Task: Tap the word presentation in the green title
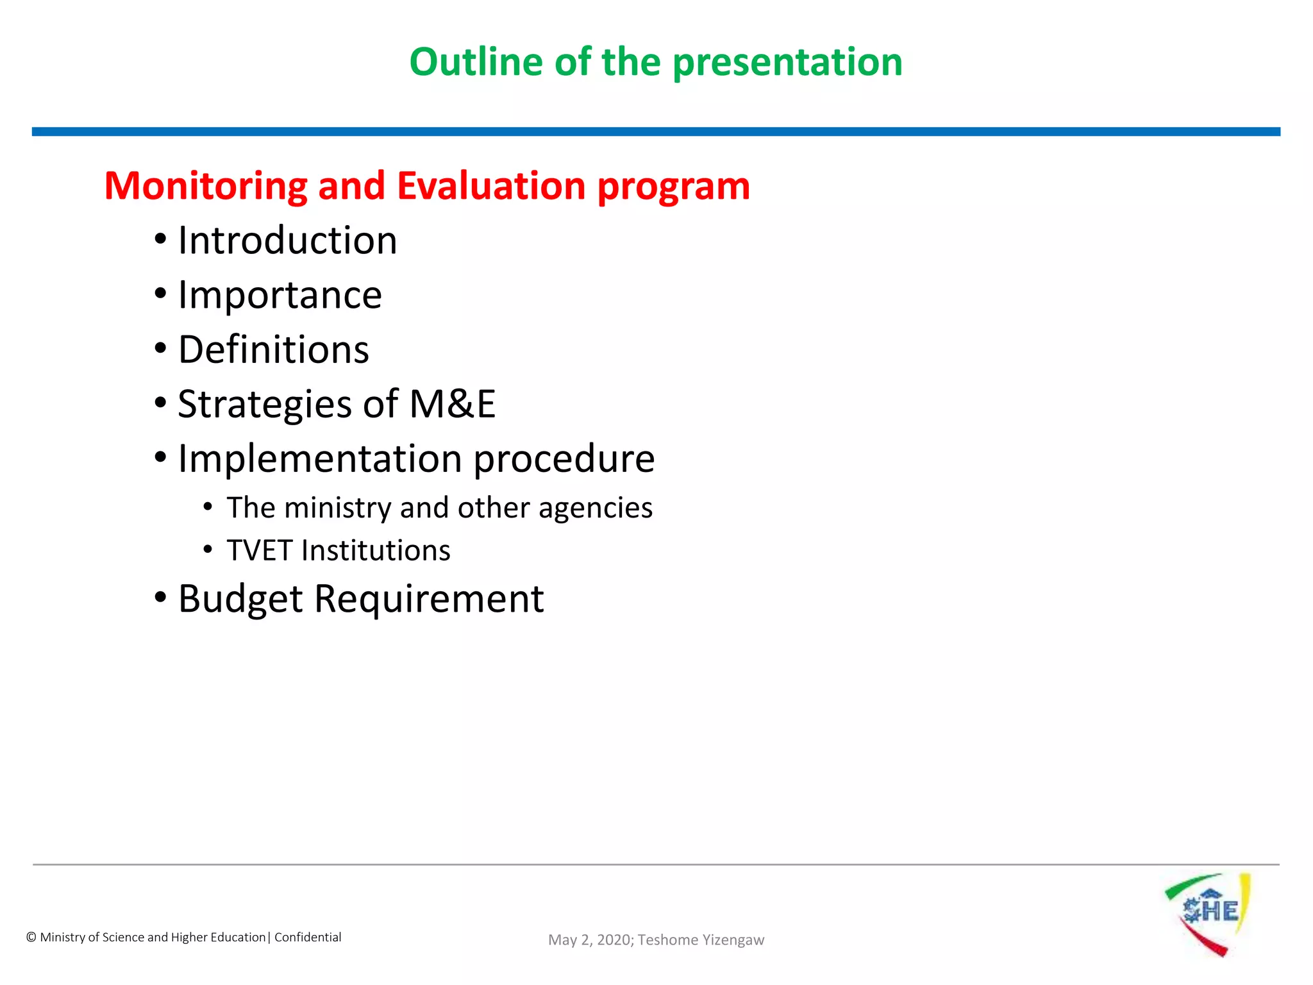(787, 63)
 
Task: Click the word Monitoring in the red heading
(206, 187)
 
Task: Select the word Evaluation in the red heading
(491, 187)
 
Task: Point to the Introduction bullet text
(287, 240)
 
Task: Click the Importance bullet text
(280, 296)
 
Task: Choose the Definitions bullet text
(273, 350)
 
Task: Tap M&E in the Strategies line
(453, 405)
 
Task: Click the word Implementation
(320, 459)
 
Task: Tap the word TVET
(259, 551)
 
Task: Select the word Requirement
(428, 600)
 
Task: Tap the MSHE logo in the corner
(1208, 913)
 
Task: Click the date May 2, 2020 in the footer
(590, 940)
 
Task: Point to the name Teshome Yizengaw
(701, 940)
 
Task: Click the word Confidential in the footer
(308, 938)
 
